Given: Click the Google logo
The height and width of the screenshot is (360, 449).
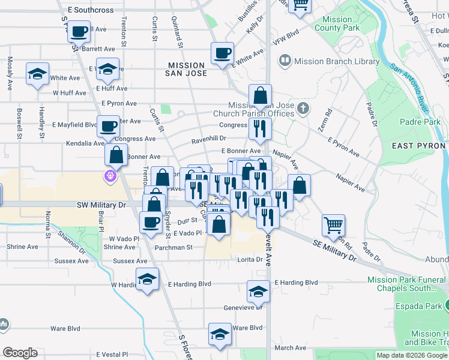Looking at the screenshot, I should point(20,353).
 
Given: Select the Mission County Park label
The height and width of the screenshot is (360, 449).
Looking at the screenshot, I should point(336,24).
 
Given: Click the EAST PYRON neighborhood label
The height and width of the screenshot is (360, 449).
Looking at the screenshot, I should point(418,146).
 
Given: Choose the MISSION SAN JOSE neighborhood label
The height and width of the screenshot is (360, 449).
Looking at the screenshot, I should point(187,69).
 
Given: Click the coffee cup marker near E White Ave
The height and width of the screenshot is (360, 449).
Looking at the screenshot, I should point(222,53).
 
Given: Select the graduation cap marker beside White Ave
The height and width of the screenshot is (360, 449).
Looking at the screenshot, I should point(37,74).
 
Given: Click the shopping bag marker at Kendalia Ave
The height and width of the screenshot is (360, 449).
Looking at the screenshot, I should point(116,154).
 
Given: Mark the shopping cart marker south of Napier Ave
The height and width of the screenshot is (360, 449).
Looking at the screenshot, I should point(333,225).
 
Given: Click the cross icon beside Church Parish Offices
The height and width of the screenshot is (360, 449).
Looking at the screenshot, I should point(304,109).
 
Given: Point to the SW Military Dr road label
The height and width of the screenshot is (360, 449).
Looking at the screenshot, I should point(104,205).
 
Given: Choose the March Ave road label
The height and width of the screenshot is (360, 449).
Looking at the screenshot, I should point(291,348).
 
